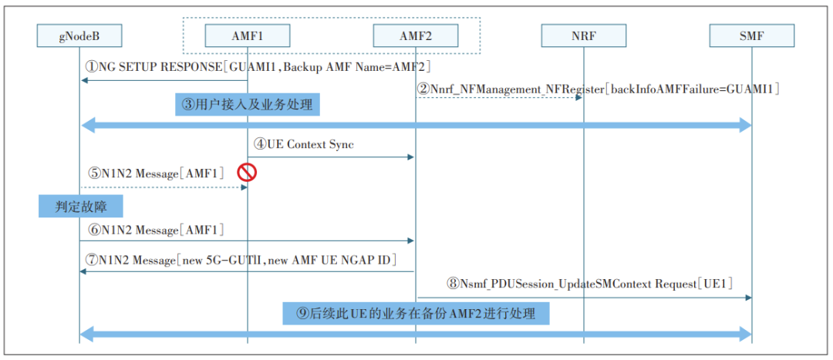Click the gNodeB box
pyautogui.click(x=79, y=36)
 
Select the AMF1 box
pyautogui.click(x=248, y=36)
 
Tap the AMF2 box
pyautogui.click(x=416, y=36)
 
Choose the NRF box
pyautogui.click(x=584, y=36)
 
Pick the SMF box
pyautogui.click(x=752, y=36)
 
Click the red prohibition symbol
pyautogui.click(x=247, y=172)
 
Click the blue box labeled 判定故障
pyautogui.click(x=81, y=206)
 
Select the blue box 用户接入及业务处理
pyautogui.click(x=248, y=105)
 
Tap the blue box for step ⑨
pyautogui.click(x=416, y=313)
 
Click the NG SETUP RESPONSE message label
pyautogui.click(x=258, y=67)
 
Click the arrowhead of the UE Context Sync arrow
pyautogui.click(x=410, y=156)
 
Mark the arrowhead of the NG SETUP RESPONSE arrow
pyautogui.click(x=85, y=80)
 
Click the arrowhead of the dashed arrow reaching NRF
pyautogui.click(x=578, y=98)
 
